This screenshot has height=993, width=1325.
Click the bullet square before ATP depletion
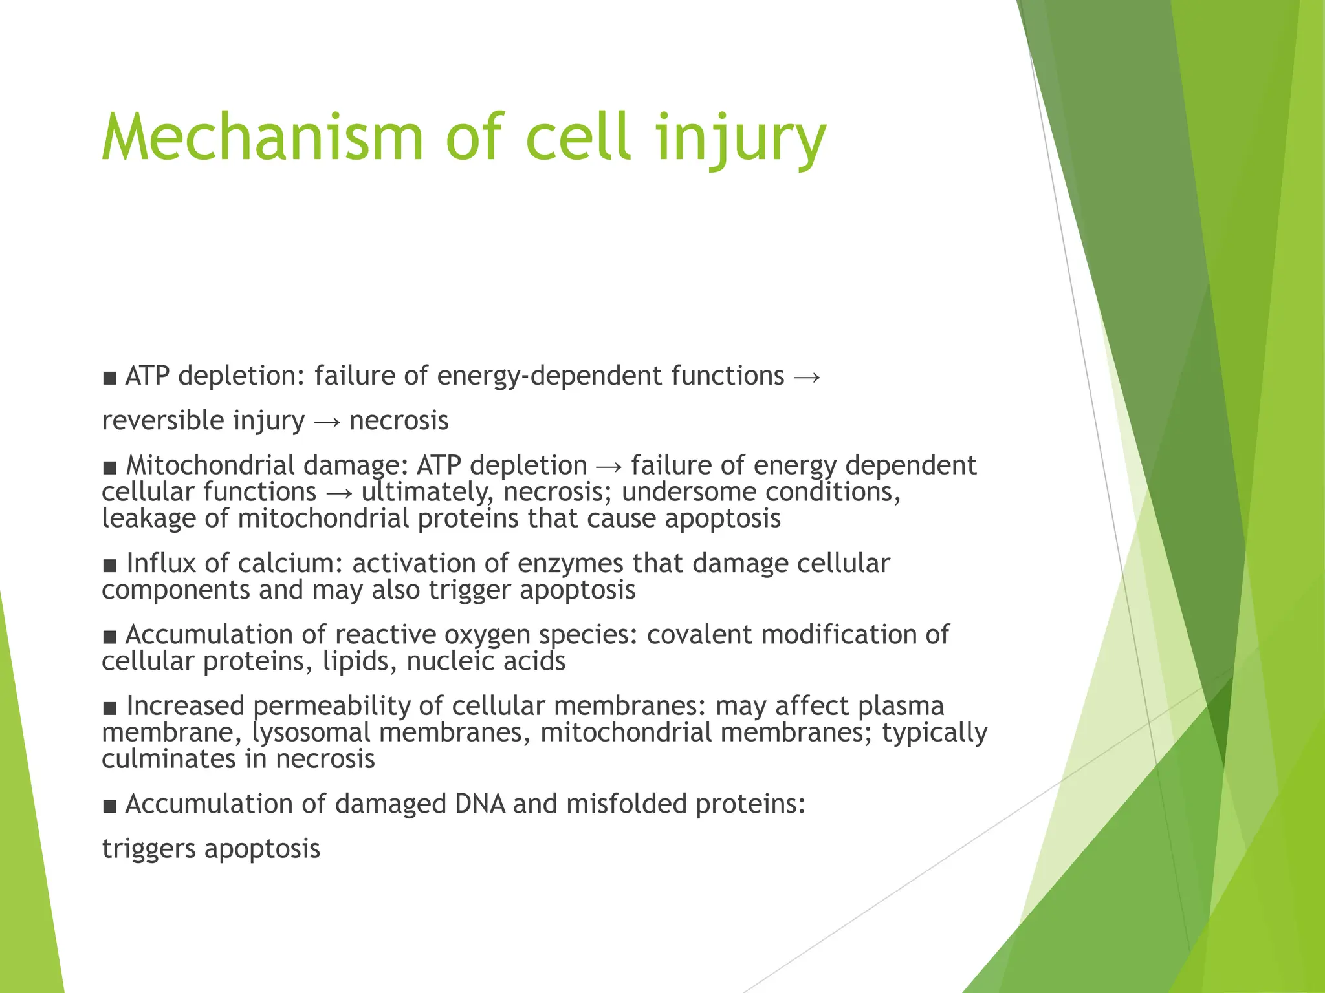[x=110, y=378]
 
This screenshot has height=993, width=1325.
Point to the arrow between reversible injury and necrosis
[x=327, y=422]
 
